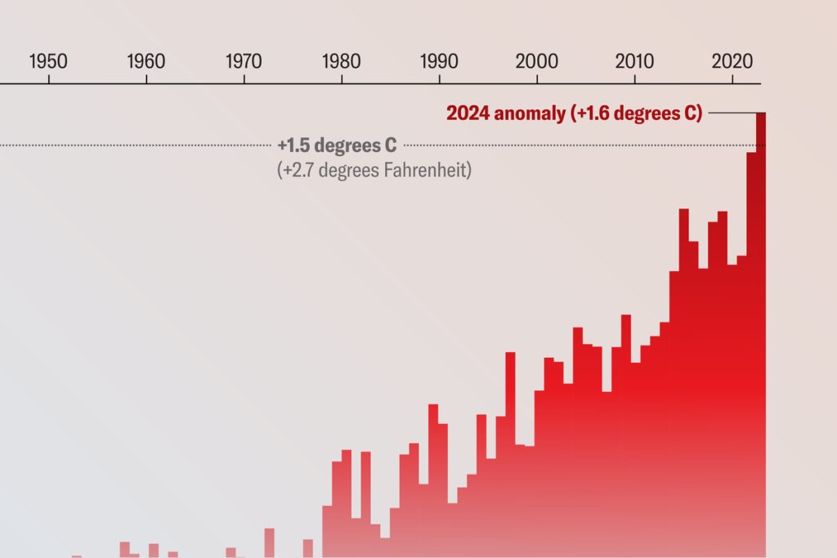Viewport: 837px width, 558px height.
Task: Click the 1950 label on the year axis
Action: point(48,61)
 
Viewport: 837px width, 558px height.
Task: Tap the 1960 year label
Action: point(146,61)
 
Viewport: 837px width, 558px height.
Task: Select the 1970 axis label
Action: point(244,61)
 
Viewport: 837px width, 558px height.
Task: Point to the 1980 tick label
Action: point(342,61)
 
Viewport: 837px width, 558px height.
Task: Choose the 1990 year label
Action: point(439,61)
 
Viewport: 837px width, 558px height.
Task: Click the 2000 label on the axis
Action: point(537,61)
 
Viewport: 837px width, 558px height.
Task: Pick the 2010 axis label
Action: point(634,61)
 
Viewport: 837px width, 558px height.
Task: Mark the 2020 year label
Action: point(732,61)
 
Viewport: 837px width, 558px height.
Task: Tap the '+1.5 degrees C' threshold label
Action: point(337,145)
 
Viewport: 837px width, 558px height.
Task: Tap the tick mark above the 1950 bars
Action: point(49,80)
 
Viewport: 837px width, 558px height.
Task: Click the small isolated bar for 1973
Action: point(269,542)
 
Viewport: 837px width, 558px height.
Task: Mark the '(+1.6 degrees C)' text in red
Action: point(635,114)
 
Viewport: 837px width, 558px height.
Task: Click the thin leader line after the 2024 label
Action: point(732,114)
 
